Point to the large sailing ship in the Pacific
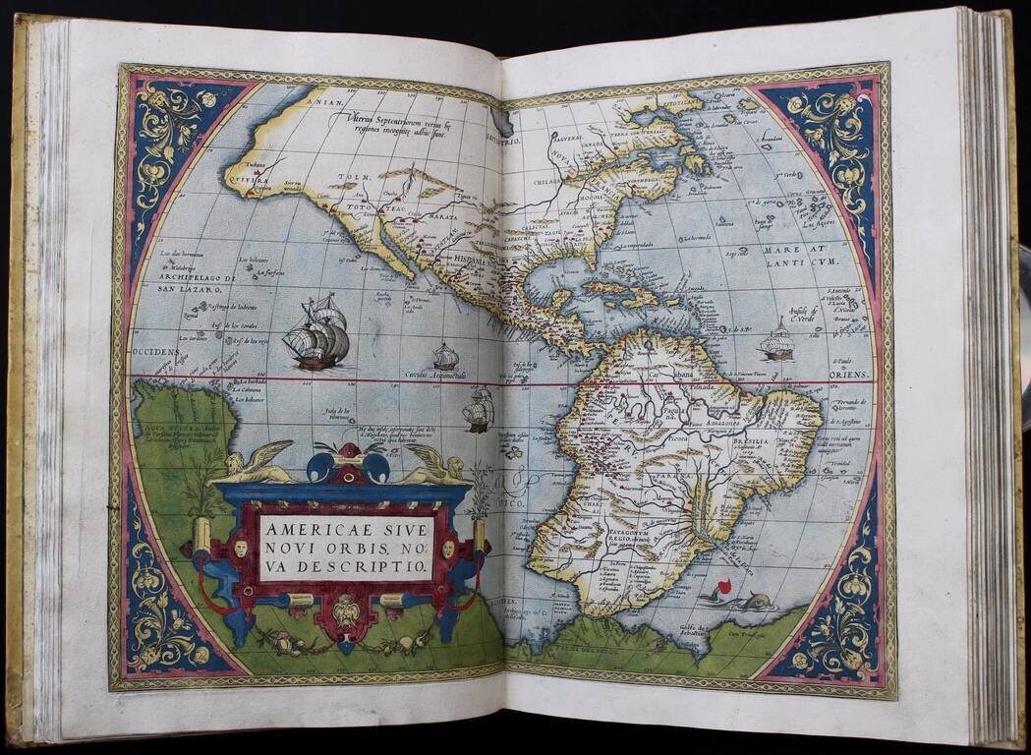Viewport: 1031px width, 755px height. coord(316,333)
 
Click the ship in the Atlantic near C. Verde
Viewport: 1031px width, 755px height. coord(776,340)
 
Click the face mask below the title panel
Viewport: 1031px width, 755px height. coord(345,612)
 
